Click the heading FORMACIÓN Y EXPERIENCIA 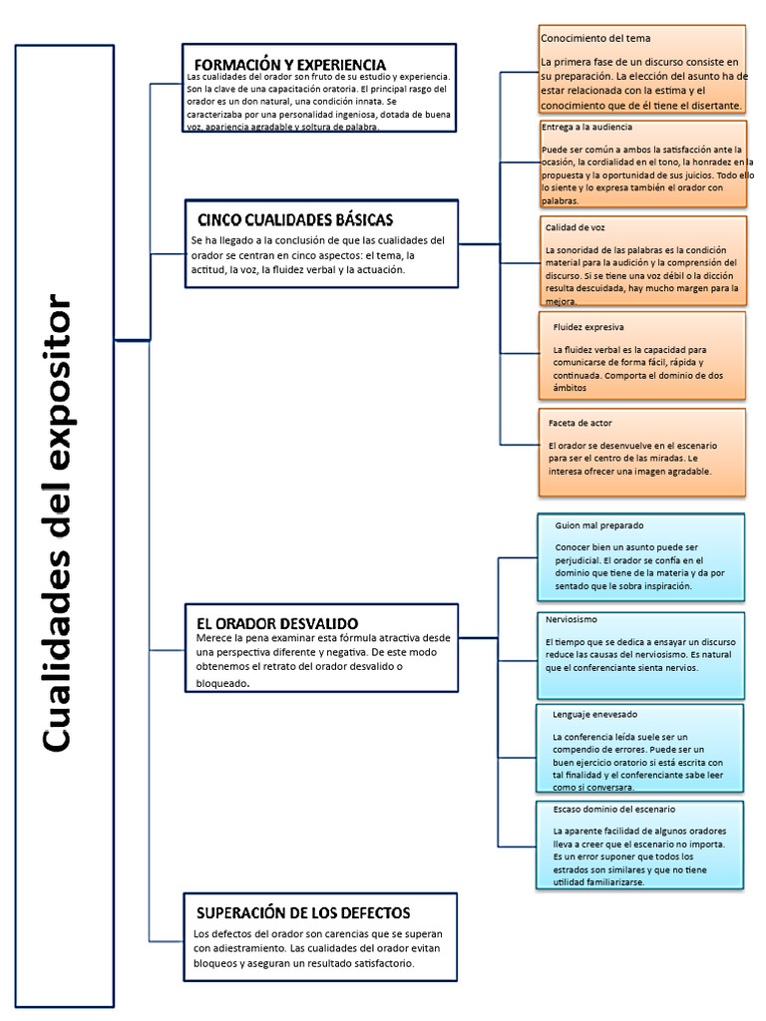289,65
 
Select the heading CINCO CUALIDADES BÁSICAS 295,219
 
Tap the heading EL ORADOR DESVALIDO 277,623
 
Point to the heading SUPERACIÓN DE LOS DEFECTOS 303,912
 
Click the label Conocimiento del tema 595,38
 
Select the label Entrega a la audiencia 587,128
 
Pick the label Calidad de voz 574,227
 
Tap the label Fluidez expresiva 587,327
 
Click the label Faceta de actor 579,423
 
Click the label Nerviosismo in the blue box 572,619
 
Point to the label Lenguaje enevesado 594,714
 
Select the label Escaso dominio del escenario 606,809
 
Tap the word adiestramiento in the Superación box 248,948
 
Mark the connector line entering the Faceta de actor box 518,444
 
